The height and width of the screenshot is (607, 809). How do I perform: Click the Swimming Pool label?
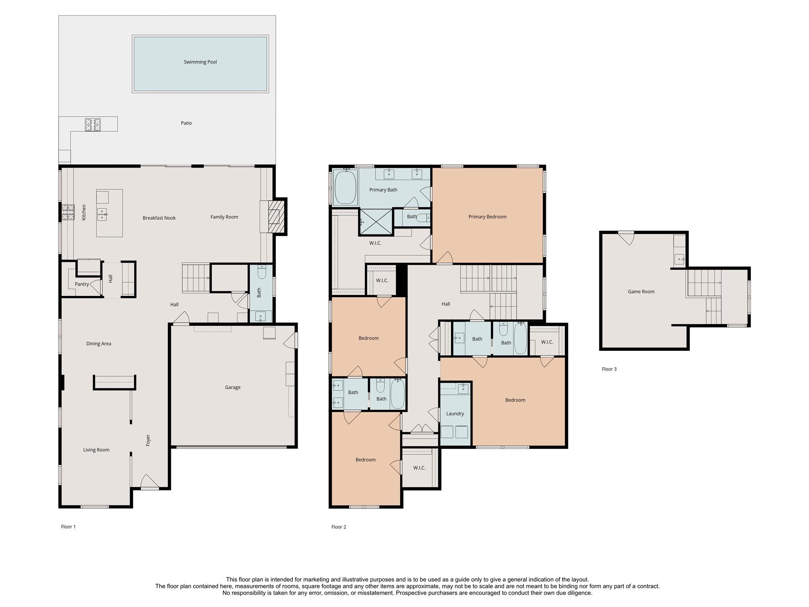(x=200, y=62)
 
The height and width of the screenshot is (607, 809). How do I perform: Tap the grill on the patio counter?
(x=93, y=124)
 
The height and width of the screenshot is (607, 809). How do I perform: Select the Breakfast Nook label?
(x=159, y=218)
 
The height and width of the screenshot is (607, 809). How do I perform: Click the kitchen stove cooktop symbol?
(x=68, y=212)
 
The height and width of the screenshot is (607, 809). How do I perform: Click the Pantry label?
(x=82, y=284)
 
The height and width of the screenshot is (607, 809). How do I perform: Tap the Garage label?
(x=233, y=387)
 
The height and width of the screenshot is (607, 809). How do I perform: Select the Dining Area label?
(x=99, y=344)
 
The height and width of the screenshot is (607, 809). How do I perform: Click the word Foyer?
(x=148, y=440)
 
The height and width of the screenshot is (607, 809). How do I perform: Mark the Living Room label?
(x=96, y=450)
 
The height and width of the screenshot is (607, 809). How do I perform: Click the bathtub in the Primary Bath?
(x=345, y=187)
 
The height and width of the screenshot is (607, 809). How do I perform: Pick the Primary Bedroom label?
(x=487, y=217)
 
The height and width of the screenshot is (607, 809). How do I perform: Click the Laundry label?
(x=455, y=414)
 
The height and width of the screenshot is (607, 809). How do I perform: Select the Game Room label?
(x=641, y=292)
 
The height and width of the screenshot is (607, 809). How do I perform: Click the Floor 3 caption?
(x=609, y=369)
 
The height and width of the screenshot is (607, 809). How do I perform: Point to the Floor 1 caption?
(x=68, y=527)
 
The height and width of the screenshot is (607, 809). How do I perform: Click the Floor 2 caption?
(x=339, y=527)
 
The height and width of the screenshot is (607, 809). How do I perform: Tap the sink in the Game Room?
(x=679, y=260)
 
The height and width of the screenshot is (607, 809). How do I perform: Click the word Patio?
(x=186, y=123)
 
